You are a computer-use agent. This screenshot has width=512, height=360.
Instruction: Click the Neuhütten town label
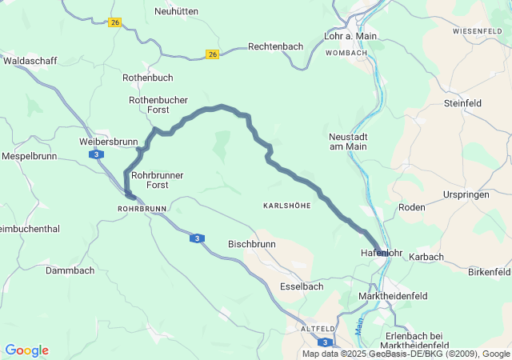coord(176,11)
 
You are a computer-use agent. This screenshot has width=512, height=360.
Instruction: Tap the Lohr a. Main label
coord(351,37)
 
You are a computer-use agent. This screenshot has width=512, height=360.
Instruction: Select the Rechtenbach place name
coord(275,46)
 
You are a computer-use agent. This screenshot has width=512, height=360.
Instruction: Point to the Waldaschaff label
coord(31,60)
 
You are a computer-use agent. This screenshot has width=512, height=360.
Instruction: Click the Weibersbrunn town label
coord(109,142)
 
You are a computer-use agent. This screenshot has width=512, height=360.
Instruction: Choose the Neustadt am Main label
coord(348,141)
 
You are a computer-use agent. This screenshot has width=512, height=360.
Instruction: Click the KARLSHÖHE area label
coord(286,206)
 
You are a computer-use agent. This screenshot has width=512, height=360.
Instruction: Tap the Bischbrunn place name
coord(252,243)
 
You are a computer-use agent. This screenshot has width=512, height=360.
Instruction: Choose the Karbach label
coord(426,257)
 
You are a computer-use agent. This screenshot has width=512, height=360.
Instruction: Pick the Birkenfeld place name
coord(488,272)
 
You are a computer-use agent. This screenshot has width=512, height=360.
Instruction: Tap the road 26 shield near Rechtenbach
coord(212,54)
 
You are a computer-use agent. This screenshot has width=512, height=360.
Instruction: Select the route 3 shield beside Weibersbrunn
coord(95,154)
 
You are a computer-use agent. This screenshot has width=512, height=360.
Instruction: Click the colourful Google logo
coord(27,350)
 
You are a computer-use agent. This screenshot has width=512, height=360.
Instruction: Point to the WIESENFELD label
coord(478,30)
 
